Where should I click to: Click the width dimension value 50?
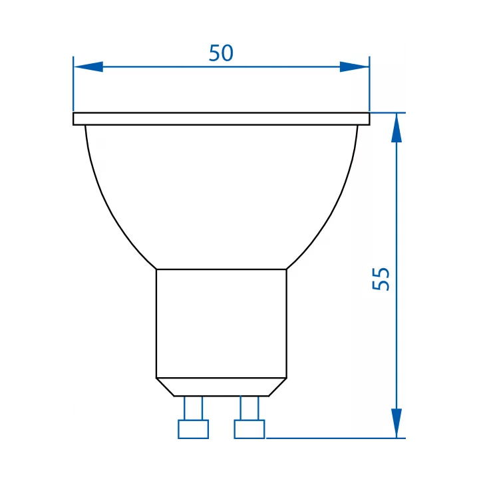221,53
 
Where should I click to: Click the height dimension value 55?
381,279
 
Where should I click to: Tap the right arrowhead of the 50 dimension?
354,67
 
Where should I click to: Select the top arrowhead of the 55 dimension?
397,128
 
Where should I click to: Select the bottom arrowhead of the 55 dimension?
397,423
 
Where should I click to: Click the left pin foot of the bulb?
193,429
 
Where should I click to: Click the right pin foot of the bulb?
249,429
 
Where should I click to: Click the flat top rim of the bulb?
221,119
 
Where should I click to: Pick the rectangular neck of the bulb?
221,323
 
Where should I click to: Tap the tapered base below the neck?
221,387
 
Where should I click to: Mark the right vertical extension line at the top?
369,86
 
